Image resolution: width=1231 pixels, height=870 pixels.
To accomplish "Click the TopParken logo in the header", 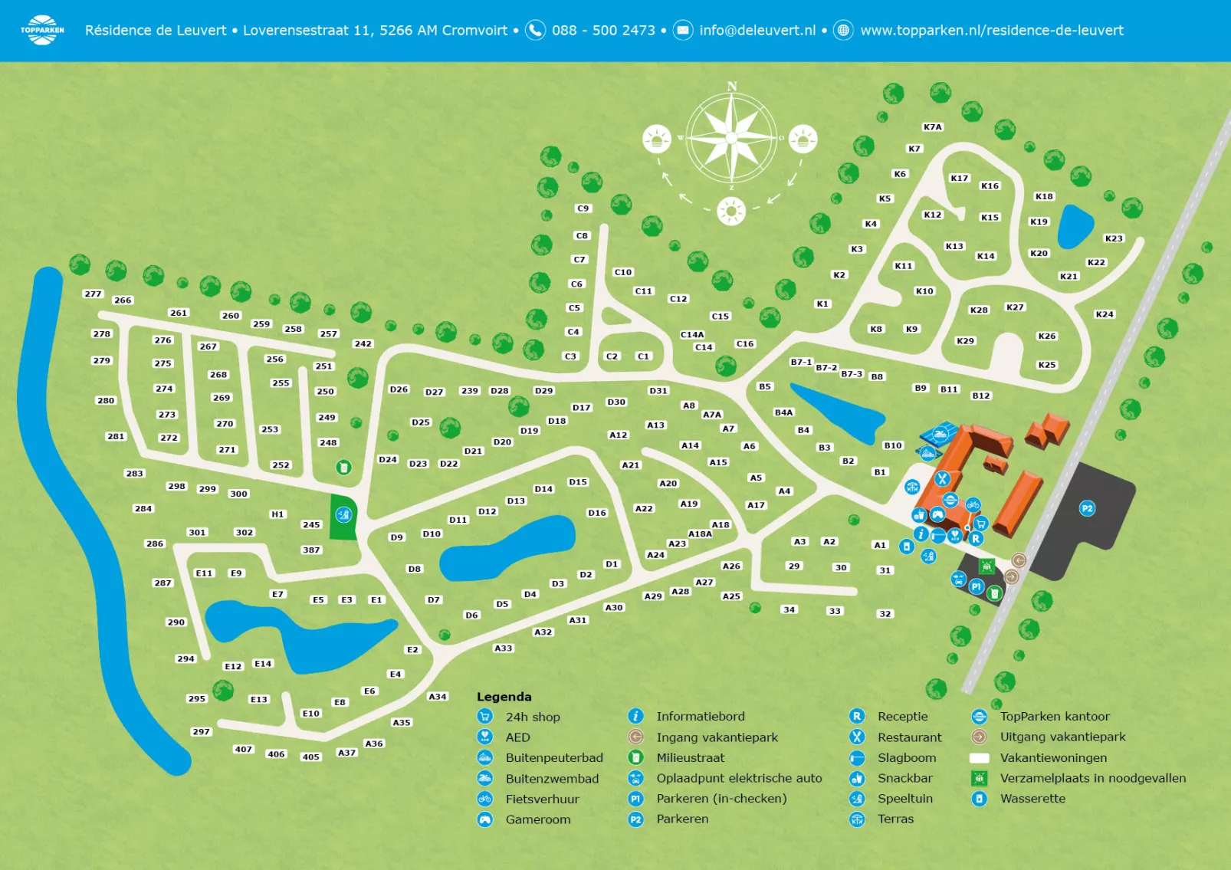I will (42, 30).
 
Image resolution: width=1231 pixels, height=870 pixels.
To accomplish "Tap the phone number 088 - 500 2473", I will (603, 31).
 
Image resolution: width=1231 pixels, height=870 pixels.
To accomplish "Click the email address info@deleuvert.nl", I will (757, 31).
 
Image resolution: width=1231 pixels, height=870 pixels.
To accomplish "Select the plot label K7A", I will (932, 127).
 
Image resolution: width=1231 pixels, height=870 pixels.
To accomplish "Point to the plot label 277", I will (93, 294).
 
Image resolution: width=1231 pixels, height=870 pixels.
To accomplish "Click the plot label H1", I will (277, 514).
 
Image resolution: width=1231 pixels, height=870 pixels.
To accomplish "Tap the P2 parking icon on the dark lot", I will (1087, 508).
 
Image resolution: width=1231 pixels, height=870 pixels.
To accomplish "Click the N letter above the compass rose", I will (732, 87).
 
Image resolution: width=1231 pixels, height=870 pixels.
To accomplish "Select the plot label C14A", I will (692, 335).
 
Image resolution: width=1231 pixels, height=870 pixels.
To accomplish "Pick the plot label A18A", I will (700, 534).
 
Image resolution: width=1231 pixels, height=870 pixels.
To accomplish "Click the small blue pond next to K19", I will (1075, 227).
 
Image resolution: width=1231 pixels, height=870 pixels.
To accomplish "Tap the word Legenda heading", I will (504, 697).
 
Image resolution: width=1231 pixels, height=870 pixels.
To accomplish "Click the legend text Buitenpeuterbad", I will (554, 758).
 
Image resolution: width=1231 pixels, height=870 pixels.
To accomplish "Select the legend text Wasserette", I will (1032, 799).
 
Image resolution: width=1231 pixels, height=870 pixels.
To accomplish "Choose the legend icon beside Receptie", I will (857, 717).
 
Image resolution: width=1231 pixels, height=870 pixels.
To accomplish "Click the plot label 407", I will (243, 750).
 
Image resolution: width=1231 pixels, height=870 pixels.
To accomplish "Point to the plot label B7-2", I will (826, 368).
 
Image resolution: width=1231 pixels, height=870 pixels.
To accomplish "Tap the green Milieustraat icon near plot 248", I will (344, 467).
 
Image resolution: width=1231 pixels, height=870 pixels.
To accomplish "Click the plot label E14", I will (263, 664).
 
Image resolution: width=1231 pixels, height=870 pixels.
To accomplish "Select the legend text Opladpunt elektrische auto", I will (739, 779).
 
